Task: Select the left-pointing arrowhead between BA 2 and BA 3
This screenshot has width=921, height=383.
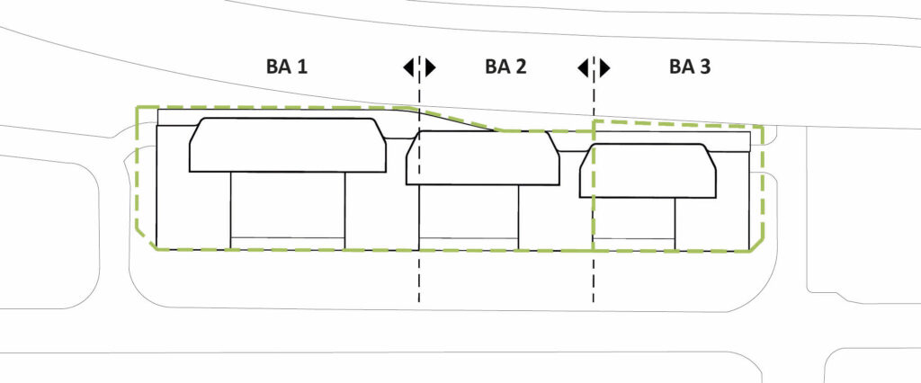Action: coord(584,67)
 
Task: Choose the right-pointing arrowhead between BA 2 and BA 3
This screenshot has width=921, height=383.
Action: coord(604,67)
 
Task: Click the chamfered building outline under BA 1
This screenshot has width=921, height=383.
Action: coord(288,144)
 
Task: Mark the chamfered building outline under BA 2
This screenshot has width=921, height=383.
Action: coord(482,157)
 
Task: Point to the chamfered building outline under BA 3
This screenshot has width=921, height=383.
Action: coord(648,171)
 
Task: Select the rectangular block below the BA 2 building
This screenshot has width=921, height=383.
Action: coord(469,211)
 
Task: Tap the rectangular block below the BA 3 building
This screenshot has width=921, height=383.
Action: coord(634,218)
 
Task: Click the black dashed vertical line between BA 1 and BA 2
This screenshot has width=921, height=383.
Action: coord(419,279)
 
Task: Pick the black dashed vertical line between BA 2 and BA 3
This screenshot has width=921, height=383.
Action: coord(594,279)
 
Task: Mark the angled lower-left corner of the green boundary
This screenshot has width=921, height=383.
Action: coord(144,238)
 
